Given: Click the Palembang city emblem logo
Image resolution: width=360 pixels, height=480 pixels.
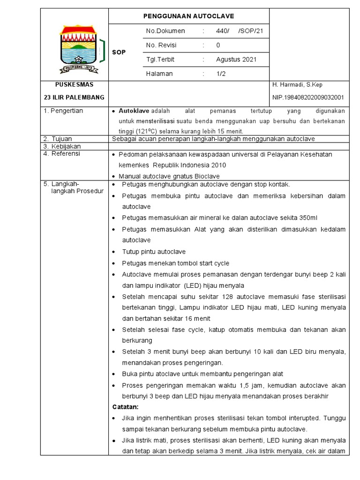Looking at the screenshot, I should click(78, 49).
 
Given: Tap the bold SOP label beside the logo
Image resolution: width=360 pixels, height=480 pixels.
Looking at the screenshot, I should click(119, 52).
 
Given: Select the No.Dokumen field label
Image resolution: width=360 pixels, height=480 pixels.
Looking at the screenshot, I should click(165, 31).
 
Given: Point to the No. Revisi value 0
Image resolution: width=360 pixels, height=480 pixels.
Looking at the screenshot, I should click(218, 45).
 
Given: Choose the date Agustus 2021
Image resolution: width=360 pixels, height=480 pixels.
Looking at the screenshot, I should click(236, 60).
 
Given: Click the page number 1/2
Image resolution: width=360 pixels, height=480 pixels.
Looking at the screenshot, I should click(221, 74).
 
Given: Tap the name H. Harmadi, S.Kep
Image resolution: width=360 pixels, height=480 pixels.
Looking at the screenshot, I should click(297, 85).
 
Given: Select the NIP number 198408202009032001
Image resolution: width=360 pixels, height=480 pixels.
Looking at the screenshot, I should click(308, 97).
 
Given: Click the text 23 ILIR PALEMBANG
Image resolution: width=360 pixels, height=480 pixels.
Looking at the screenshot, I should click(74, 97).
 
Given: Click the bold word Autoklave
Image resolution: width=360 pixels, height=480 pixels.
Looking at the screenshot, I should click(134, 111).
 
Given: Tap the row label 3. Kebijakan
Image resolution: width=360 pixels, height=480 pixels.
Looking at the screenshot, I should click(62, 146).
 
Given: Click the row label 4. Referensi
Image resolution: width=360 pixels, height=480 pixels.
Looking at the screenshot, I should click(62, 154).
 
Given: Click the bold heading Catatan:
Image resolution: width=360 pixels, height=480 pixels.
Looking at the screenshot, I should click(125, 406).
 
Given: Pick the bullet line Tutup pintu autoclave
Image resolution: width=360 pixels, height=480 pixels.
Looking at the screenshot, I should click(154, 252).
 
